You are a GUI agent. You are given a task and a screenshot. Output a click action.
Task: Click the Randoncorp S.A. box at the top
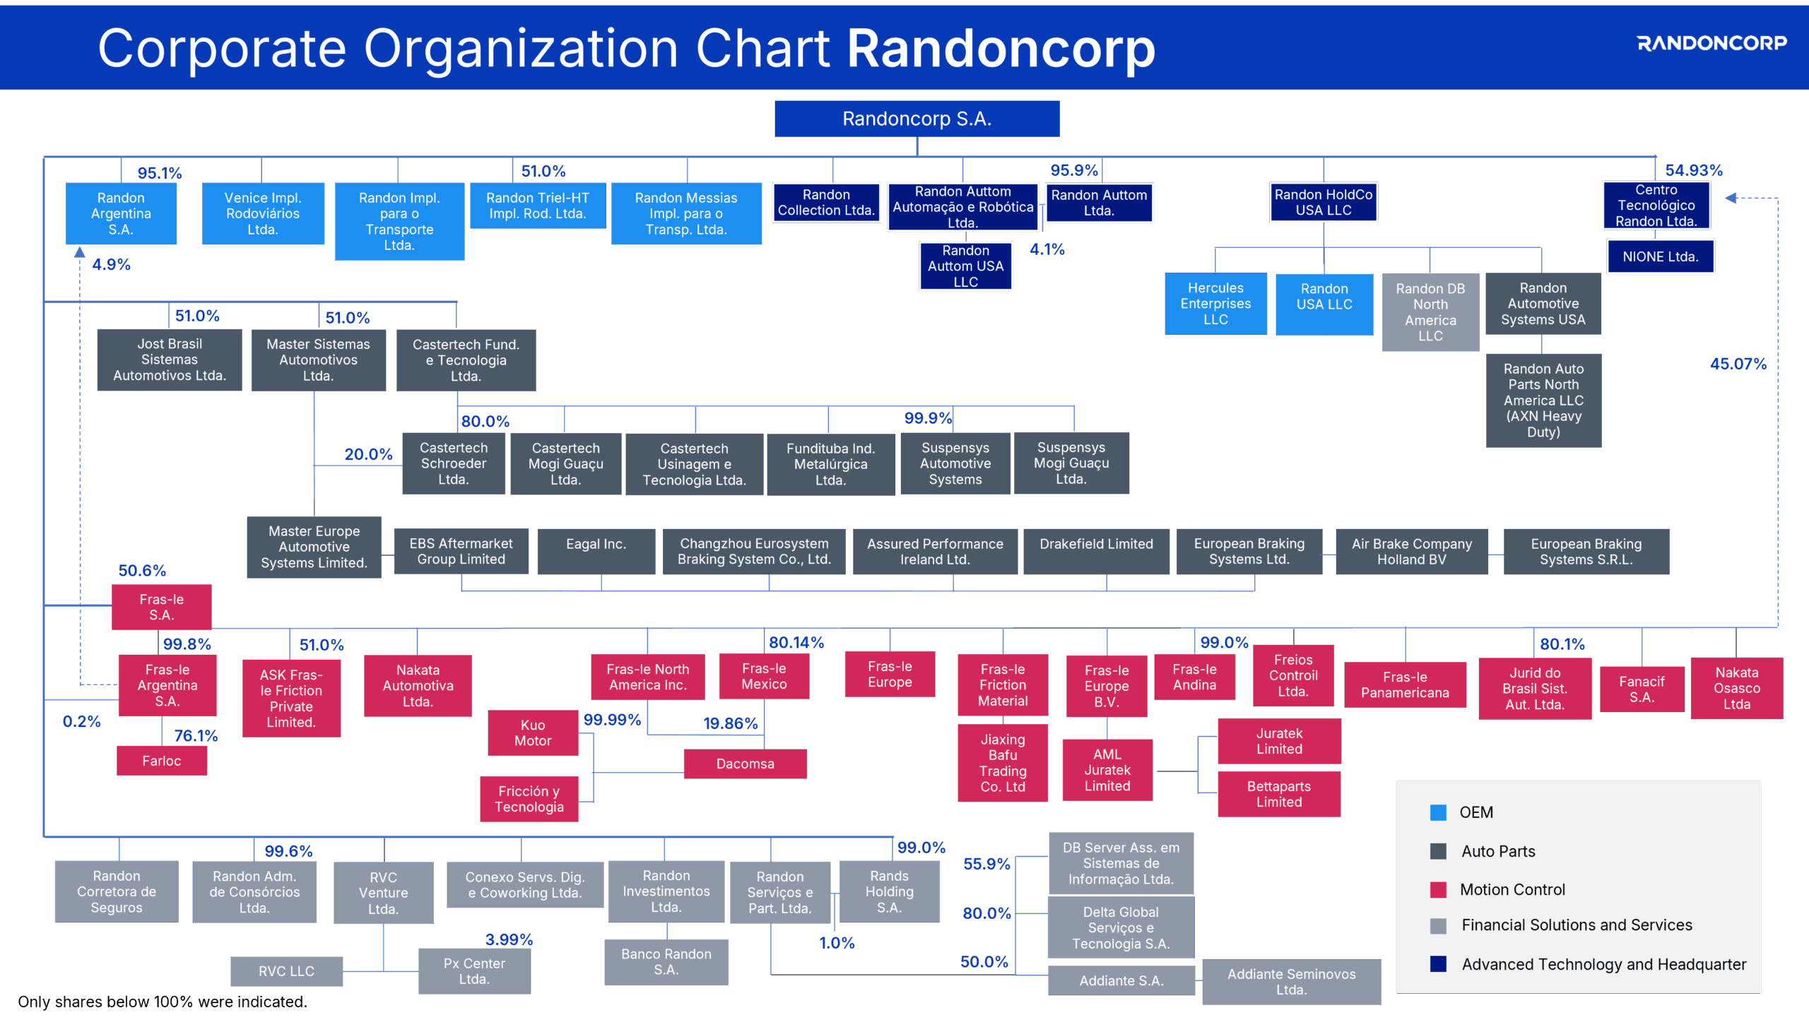(917, 119)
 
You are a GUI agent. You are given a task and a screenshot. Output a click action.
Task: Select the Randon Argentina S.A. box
(121, 213)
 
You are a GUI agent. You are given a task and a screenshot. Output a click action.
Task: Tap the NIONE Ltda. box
(1660, 256)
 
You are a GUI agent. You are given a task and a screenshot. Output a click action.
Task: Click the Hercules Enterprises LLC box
(1215, 304)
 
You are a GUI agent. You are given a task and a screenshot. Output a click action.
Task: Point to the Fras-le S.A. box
(161, 607)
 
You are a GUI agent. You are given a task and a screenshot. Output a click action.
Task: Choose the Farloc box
(161, 761)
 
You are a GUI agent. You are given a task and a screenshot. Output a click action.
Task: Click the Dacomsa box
(745, 764)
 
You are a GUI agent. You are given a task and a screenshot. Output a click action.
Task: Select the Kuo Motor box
(533, 733)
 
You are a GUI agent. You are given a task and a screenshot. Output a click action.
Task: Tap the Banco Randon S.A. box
(666, 961)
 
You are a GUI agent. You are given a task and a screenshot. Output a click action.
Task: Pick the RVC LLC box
(286, 971)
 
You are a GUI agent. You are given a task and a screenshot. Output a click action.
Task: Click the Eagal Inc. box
(596, 551)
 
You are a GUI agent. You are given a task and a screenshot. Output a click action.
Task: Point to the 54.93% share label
(1694, 170)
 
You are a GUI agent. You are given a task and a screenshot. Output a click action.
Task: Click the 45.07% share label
(1738, 364)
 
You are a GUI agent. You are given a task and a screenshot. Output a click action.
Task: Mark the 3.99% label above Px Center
(509, 939)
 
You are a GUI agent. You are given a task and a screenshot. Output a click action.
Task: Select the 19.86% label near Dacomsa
(730, 723)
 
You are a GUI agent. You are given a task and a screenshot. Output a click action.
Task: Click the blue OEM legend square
(1438, 812)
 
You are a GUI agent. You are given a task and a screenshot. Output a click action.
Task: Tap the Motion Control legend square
(1438, 889)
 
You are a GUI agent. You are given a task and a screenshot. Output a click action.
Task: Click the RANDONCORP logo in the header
(1711, 43)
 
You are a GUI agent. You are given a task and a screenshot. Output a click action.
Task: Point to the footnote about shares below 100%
(163, 1002)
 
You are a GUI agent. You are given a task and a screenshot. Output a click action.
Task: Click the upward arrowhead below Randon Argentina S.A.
(80, 252)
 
